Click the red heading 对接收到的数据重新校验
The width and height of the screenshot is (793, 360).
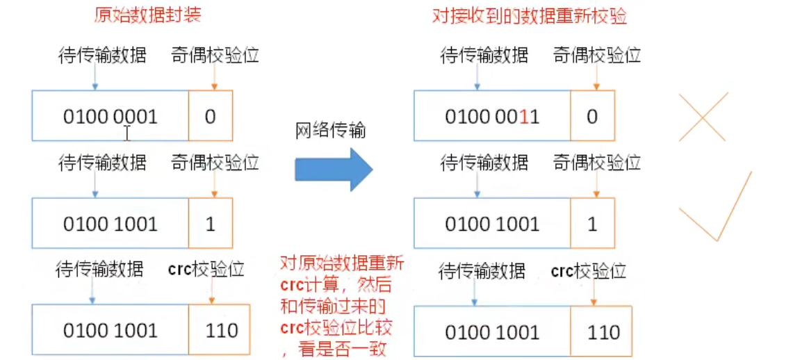point(529,16)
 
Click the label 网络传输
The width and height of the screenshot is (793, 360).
point(330,129)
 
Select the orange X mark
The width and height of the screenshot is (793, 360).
point(703,117)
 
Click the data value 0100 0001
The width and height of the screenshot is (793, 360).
point(110,116)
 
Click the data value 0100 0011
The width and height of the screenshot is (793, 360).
point(491,116)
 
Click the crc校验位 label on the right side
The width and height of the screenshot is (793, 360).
point(588,270)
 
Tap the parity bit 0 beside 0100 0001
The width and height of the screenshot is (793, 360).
point(210,116)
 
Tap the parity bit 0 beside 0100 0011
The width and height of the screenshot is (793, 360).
point(592,116)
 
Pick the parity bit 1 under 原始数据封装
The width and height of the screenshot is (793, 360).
point(210,224)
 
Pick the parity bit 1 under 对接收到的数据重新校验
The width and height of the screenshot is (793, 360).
point(592,224)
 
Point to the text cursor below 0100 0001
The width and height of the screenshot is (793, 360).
point(126,133)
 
